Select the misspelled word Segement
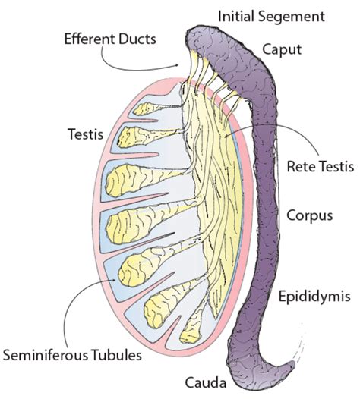[x=295, y=16]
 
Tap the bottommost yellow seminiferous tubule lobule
[x=189, y=332]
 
